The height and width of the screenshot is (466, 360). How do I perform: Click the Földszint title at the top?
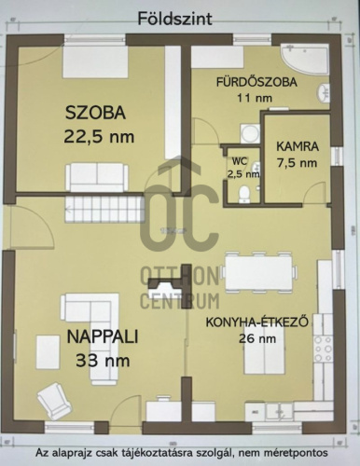pyautogui.click(x=174, y=19)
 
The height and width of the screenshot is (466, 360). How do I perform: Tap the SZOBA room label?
pyautogui.click(x=95, y=113)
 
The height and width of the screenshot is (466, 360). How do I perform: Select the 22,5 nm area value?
pyautogui.click(x=99, y=136)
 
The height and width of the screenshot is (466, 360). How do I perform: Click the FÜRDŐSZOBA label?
pyautogui.click(x=256, y=82)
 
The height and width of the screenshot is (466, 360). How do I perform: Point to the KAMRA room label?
pyautogui.click(x=298, y=146)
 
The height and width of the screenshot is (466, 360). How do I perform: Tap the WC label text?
pyautogui.click(x=240, y=161)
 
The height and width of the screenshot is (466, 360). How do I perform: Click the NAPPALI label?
pyautogui.click(x=103, y=336)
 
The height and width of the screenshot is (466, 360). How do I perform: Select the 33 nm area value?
pyautogui.click(x=103, y=361)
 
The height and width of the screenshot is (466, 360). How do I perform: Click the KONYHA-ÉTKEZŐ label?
pyautogui.click(x=257, y=322)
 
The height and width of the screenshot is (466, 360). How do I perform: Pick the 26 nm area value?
pyautogui.click(x=257, y=338)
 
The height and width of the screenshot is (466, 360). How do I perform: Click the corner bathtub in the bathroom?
pyautogui.click(x=304, y=59)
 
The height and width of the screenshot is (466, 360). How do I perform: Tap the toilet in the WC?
pyautogui.click(x=243, y=194)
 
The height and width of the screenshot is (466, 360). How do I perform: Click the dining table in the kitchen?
pyautogui.click(x=258, y=272)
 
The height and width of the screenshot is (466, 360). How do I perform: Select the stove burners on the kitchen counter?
pyautogui.click(x=324, y=349)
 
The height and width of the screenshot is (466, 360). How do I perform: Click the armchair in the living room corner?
pyautogui.click(x=54, y=401)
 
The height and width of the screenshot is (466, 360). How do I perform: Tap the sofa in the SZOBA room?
pyautogui.click(x=97, y=177)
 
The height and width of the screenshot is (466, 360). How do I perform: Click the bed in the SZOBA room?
pyautogui.click(x=95, y=62)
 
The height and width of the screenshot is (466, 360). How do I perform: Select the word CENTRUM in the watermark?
pyautogui.click(x=180, y=301)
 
